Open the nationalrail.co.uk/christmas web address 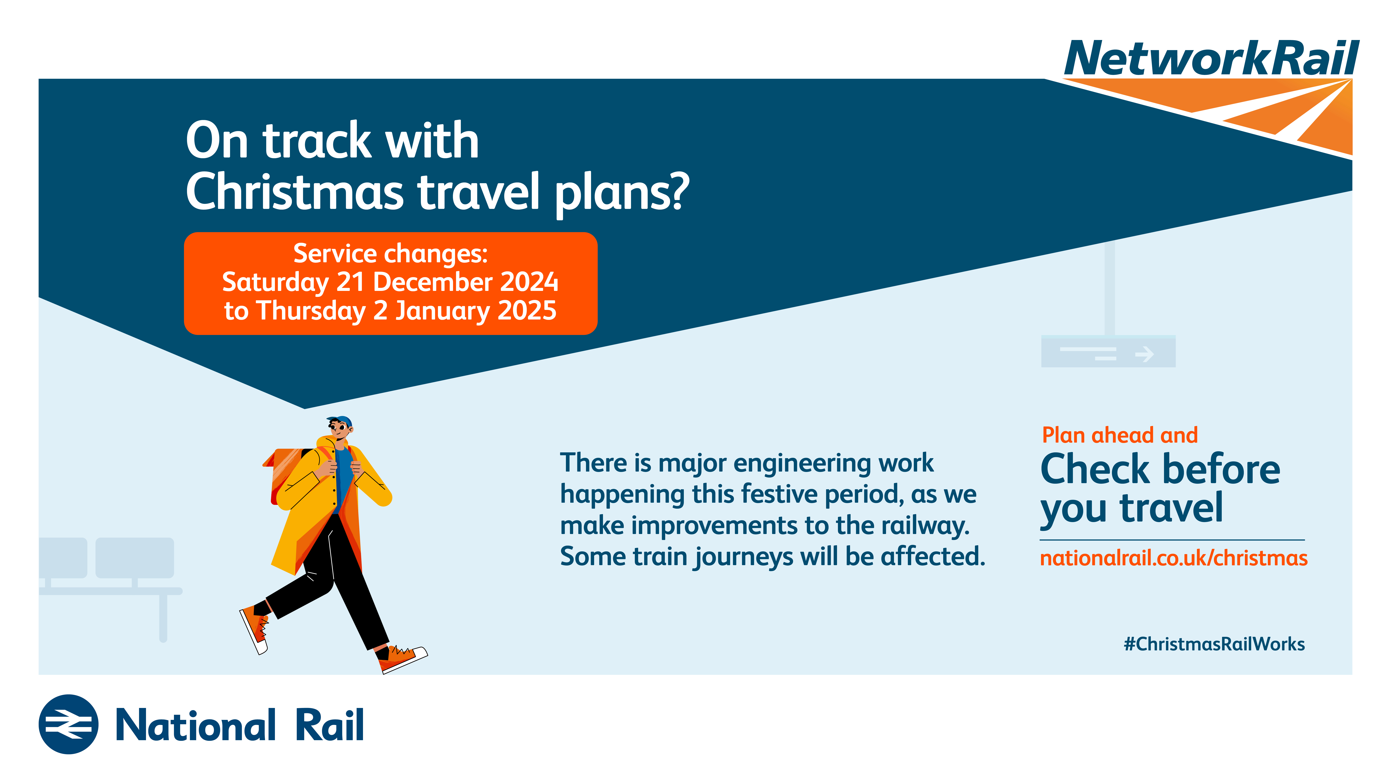(x=1173, y=558)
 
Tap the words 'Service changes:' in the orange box (x=390, y=254)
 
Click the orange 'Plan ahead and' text (x=1120, y=435)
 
